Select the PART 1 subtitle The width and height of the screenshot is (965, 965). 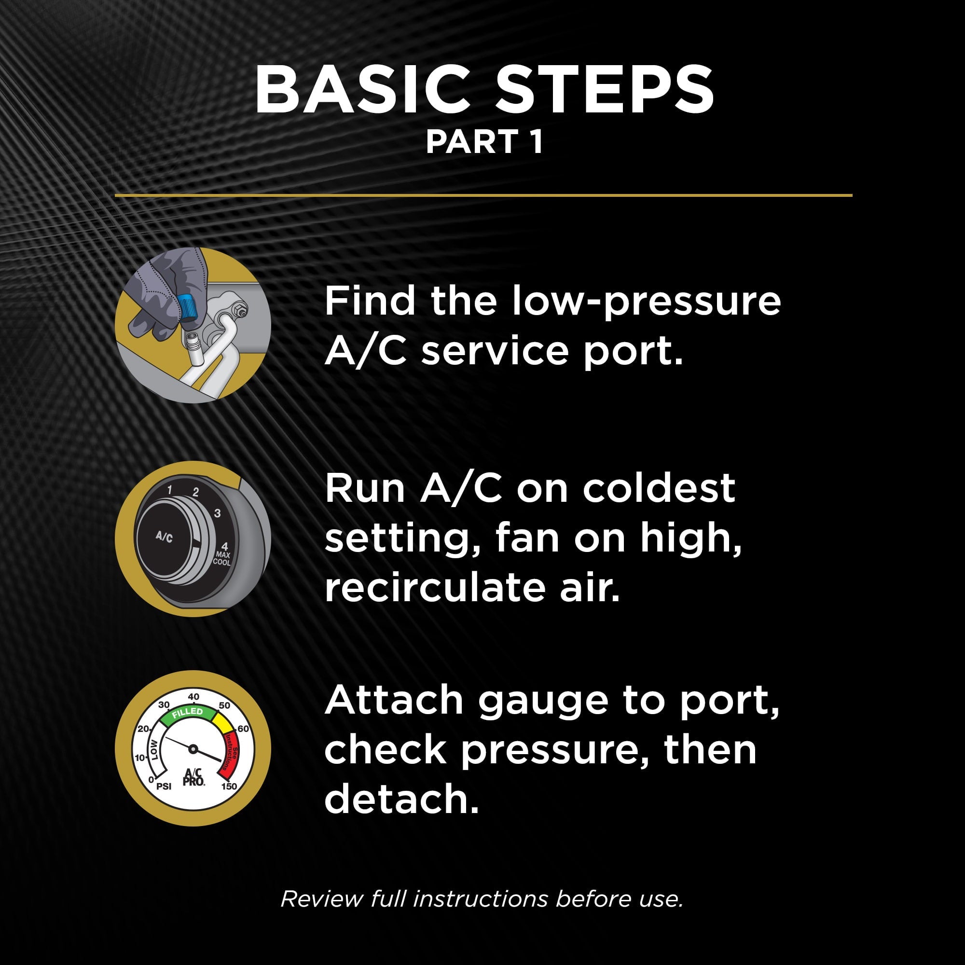(x=484, y=142)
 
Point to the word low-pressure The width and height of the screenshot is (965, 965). (x=647, y=302)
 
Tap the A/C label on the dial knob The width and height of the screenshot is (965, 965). (x=164, y=538)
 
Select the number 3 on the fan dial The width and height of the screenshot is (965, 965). (x=217, y=513)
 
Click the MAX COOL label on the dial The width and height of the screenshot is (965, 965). (x=222, y=558)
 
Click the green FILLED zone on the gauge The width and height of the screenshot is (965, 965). (x=187, y=712)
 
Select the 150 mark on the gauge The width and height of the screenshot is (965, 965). (x=229, y=786)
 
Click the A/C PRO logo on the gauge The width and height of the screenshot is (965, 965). (x=193, y=777)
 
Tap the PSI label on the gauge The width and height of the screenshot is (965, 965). (x=164, y=786)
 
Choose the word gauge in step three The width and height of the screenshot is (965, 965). (x=543, y=701)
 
